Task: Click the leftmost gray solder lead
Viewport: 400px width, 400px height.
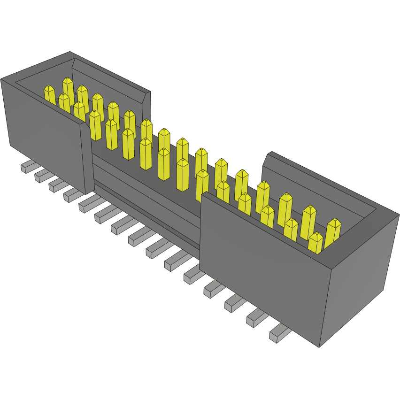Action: [28, 166]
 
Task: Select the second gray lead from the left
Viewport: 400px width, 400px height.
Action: [42, 176]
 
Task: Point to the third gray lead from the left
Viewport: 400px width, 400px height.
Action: [56, 184]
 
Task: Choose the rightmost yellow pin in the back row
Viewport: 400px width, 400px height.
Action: [333, 232]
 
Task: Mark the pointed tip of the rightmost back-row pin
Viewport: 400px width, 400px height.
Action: [334, 221]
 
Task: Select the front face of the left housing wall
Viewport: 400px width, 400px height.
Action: [42, 136]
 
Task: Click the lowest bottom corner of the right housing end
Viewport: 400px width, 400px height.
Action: [319, 347]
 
